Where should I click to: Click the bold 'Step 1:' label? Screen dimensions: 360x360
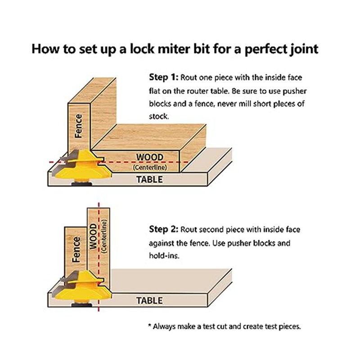[x=163, y=77]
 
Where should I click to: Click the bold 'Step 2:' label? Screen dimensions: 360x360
[x=163, y=229]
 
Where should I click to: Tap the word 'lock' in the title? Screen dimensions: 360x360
[x=142, y=49]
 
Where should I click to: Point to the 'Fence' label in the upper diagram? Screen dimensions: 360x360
[x=78, y=126]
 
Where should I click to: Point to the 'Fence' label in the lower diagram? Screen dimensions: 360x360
[x=76, y=250]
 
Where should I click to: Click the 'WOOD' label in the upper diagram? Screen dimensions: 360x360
[x=150, y=157]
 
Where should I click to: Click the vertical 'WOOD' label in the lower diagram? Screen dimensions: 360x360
[x=93, y=236]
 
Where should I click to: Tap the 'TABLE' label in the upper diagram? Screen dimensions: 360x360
[x=149, y=179]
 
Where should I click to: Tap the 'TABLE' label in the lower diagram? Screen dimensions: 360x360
[x=149, y=301]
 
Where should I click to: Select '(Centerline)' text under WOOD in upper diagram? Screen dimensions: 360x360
[x=150, y=167]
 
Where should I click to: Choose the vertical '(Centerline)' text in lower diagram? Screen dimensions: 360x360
[x=104, y=237]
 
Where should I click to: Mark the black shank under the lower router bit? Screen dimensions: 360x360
[x=82, y=305]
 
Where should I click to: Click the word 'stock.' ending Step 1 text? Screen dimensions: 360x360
[x=159, y=117]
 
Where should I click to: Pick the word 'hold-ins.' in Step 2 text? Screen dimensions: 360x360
[x=164, y=256]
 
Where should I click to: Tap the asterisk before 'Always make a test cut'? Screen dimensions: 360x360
[x=150, y=325]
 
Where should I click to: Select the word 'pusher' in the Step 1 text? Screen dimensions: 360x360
[x=294, y=91]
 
